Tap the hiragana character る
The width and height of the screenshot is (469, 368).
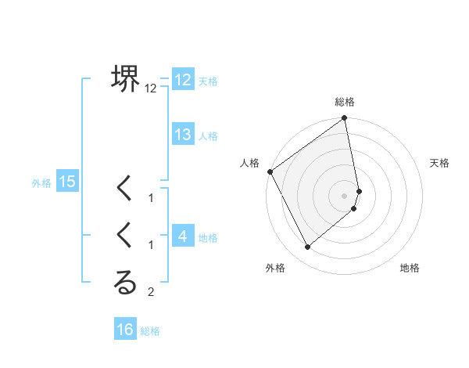(125, 283)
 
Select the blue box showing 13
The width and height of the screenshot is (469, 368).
(183, 135)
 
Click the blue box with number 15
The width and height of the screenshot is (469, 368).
(67, 182)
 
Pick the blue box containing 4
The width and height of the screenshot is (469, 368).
(183, 236)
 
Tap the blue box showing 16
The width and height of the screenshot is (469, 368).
(125, 330)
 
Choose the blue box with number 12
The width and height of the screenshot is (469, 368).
(183, 80)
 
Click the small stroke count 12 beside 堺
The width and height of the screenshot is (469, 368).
(151, 89)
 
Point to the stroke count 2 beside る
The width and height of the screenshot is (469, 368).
(152, 293)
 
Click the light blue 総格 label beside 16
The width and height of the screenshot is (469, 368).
(150, 331)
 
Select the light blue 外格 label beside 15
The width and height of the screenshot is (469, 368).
(41, 183)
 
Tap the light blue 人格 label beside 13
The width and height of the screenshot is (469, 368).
(208, 136)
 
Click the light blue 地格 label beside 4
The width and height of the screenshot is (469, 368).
(208, 237)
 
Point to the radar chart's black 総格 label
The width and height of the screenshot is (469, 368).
(345, 102)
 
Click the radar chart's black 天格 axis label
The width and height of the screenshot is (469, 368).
(440, 163)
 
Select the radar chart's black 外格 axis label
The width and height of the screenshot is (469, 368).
(274, 268)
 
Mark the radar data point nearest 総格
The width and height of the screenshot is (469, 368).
(345, 119)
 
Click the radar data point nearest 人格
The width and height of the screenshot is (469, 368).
(270, 171)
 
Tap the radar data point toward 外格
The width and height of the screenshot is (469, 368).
(308, 247)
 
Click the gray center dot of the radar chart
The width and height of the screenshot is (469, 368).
(345, 195)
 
